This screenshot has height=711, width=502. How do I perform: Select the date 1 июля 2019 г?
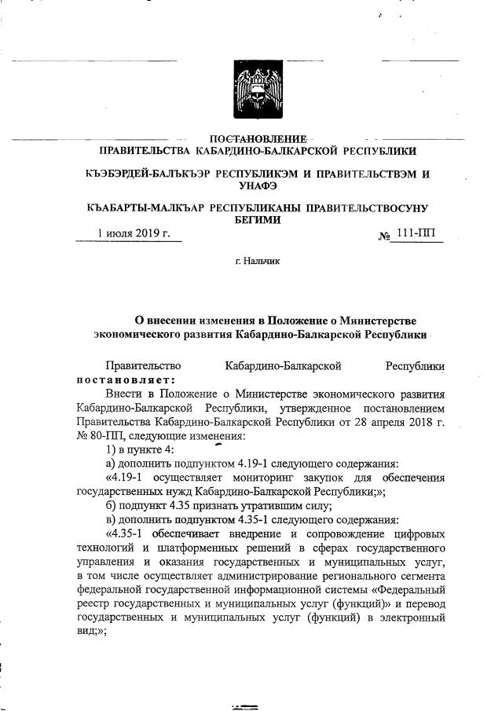[134, 233]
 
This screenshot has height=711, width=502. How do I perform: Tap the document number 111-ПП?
[421, 233]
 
